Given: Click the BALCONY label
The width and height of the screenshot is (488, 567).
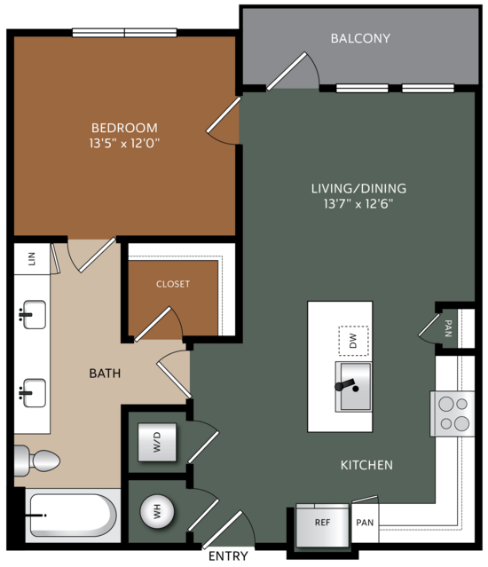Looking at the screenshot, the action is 360,38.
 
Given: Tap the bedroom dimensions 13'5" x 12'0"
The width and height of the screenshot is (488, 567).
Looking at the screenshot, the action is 124,143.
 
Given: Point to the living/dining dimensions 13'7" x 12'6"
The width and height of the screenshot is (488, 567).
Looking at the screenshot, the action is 358,203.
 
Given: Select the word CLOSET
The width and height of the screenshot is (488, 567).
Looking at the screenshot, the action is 173,284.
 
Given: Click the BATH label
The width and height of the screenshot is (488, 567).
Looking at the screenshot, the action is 105,374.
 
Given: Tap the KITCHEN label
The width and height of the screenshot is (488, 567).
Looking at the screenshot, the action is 366,465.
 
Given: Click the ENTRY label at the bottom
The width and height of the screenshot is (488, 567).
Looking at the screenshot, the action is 228,555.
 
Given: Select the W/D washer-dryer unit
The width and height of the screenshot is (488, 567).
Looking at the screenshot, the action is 157,442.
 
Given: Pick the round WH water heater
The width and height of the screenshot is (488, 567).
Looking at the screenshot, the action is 157,511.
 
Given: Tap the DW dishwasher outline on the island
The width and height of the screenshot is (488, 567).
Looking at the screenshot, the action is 353,341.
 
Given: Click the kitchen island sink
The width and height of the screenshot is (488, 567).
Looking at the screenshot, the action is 353,387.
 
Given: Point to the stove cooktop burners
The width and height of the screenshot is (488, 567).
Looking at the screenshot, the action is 453,413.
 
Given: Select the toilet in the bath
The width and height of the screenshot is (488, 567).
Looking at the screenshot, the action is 37,461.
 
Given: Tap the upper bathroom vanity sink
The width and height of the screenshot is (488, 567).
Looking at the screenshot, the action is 33,315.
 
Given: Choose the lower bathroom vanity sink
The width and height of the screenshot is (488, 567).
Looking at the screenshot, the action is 33,393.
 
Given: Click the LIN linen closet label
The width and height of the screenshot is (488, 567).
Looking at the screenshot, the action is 32,259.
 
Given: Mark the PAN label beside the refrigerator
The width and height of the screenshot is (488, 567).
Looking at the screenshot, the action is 365,523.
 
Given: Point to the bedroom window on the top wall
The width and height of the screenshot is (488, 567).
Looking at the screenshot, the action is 125,33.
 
